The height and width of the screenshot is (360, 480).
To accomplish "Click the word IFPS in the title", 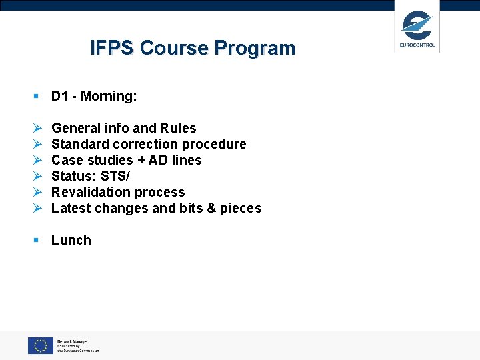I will [112, 48].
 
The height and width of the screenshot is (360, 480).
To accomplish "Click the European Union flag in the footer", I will [40, 345].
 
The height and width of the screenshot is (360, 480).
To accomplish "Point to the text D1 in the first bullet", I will [60, 96].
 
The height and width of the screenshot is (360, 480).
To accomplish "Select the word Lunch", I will [71, 240].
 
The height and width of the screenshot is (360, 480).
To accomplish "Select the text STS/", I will [115, 176].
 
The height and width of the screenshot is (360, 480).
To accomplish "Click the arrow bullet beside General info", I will [37, 128].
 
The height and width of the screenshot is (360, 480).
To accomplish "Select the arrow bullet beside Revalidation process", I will [37, 192].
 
